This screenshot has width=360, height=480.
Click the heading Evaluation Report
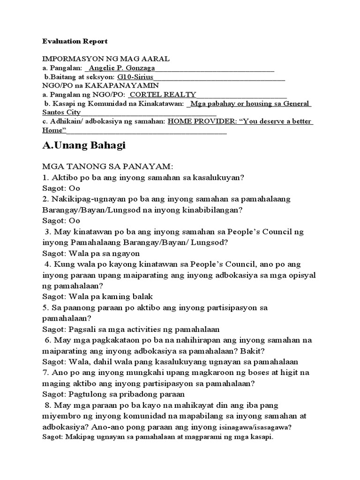click(x=75, y=41)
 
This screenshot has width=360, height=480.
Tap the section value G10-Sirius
click(x=135, y=77)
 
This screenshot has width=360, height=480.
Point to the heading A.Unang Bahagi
click(x=84, y=146)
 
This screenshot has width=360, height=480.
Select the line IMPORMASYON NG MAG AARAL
click(x=99, y=59)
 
